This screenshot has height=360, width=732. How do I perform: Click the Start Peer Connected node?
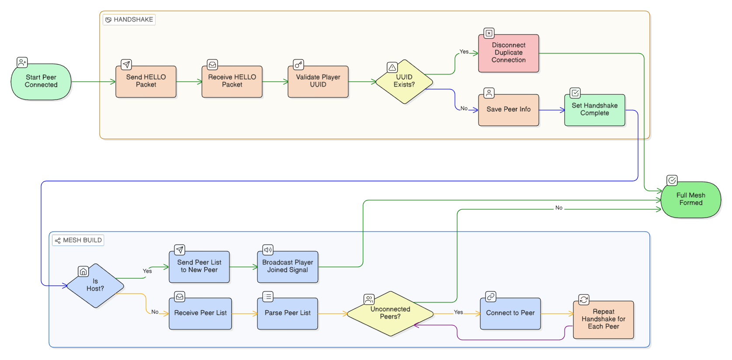tap(41, 82)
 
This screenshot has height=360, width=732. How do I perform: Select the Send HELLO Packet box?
tap(146, 82)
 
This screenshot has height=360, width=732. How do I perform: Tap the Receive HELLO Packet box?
tap(232, 82)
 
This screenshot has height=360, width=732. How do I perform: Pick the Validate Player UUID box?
tap(318, 82)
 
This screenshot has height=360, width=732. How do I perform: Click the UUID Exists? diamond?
tap(404, 82)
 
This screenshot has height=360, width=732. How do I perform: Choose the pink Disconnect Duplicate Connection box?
tap(509, 53)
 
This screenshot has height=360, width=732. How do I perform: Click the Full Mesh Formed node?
tap(691, 200)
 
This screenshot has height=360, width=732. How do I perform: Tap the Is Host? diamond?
tap(95, 286)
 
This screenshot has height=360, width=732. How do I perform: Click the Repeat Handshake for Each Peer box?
tap(604, 319)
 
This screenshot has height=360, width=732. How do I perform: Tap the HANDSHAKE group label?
tap(129, 20)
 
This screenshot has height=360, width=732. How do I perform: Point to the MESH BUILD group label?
tap(78, 240)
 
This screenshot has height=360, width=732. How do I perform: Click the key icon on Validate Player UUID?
tap(298, 65)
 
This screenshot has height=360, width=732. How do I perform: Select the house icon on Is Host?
tap(83, 271)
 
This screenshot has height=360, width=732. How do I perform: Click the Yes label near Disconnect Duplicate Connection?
tap(464, 52)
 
